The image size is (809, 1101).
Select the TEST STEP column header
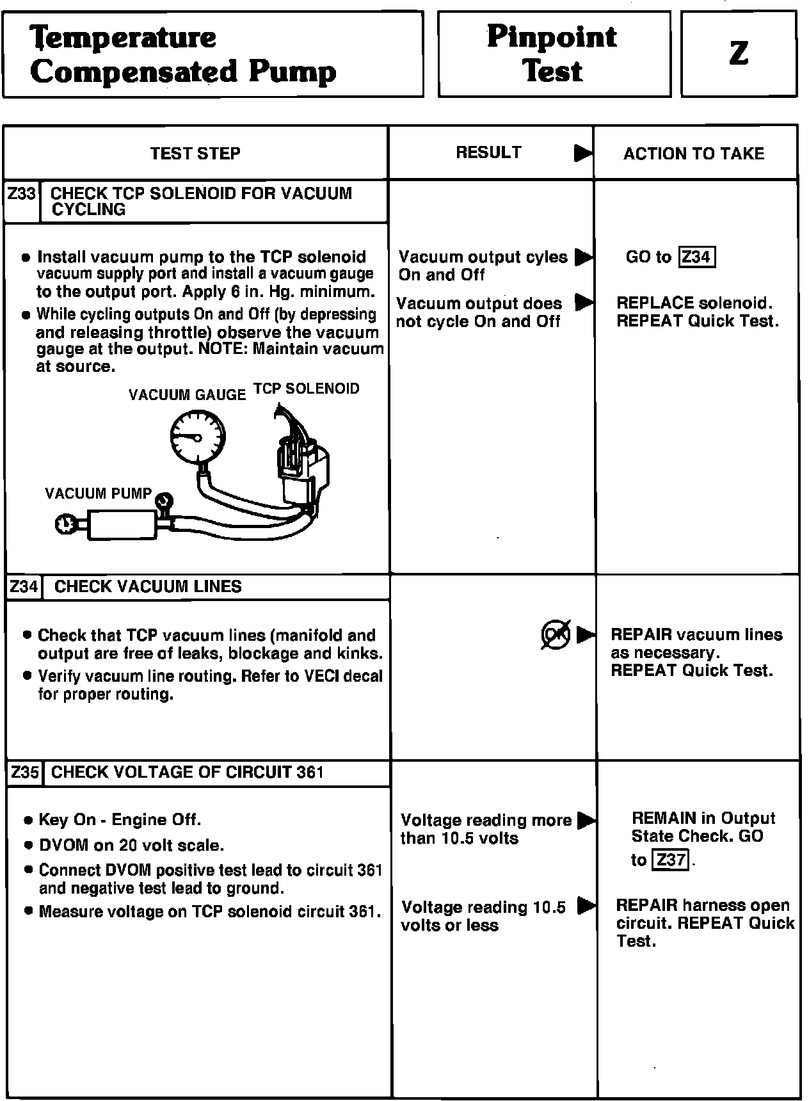pyautogui.click(x=195, y=154)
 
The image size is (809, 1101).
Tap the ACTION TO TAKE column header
pyautogui.click(x=694, y=154)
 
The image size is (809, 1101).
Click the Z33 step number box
pyautogui.click(x=22, y=193)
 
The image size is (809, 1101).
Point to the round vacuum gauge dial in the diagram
pyautogui.click(x=198, y=437)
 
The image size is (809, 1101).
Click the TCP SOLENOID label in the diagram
pyautogui.click(x=307, y=389)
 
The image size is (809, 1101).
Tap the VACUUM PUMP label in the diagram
pyautogui.click(x=98, y=494)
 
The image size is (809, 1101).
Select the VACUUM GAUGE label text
pyautogui.click(x=187, y=395)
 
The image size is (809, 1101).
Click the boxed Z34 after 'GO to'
pyautogui.click(x=696, y=257)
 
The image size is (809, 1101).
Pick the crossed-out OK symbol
pyautogui.click(x=555, y=635)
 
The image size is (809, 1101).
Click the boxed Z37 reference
pyautogui.click(x=670, y=860)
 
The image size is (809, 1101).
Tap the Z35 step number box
pyautogui.click(x=25, y=773)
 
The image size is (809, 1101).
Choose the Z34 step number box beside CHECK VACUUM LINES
pyautogui.click(x=24, y=587)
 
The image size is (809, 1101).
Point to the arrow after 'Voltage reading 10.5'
pyautogui.click(x=586, y=906)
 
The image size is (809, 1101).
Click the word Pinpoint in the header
pyautogui.click(x=552, y=37)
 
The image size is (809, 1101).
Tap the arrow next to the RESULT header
pyautogui.click(x=583, y=154)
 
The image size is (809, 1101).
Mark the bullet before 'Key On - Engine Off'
pyautogui.click(x=28, y=821)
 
